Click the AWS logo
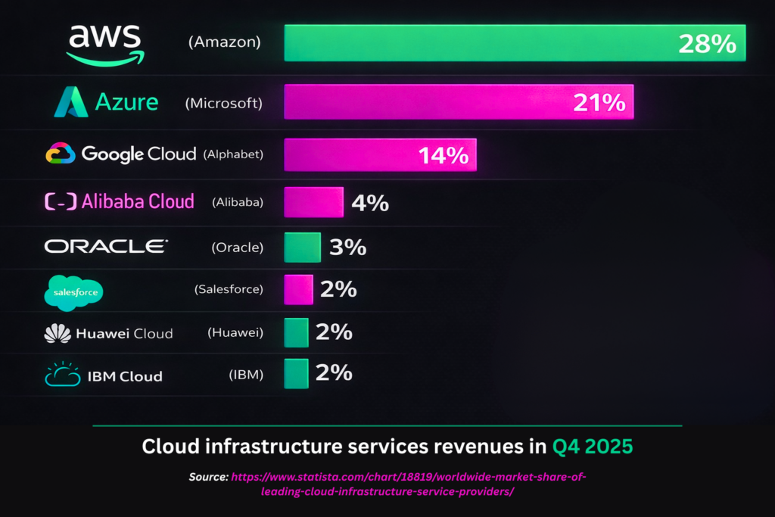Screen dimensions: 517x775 [x=104, y=44]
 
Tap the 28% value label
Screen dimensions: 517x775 [x=706, y=43]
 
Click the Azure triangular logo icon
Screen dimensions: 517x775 [x=70, y=102]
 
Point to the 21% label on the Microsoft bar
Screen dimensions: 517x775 [x=599, y=102]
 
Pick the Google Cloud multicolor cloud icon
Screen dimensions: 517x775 [x=61, y=154]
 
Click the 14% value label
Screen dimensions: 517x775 [x=443, y=155]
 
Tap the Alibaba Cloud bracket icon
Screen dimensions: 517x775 [x=61, y=201]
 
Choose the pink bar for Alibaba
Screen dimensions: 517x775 [x=313, y=202]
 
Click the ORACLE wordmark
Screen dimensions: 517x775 [x=106, y=246]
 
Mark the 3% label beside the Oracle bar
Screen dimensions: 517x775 [x=347, y=247]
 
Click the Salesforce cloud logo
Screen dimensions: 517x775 [x=73, y=292]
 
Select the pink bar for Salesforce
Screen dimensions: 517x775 [x=298, y=289]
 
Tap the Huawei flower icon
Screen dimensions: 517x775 [x=58, y=333]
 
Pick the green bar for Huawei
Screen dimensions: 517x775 [x=296, y=332]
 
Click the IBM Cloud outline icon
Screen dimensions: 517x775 [x=62, y=375]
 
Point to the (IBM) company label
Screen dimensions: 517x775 [x=246, y=375]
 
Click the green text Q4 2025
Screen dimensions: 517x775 [x=592, y=447]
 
